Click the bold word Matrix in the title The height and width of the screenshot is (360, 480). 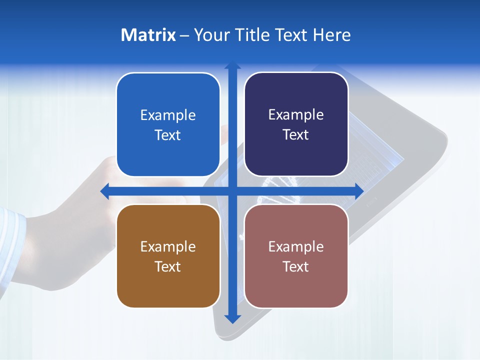pyautogui.click(x=148, y=35)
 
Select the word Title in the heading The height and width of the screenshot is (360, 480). pyautogui.click(x=253, y=35)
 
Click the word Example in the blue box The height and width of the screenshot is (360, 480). pyautogui.click(x=168, y=115)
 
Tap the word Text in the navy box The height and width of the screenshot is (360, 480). pyautogui.click(x=296, y=135)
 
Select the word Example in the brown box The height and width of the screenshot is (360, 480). pyautogui.click(x=168, y=246)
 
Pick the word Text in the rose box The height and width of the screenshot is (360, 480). pyautogui.click(x=296, y=266)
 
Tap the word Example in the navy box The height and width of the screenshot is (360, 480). pyautogui.click(x=296, y=115)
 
